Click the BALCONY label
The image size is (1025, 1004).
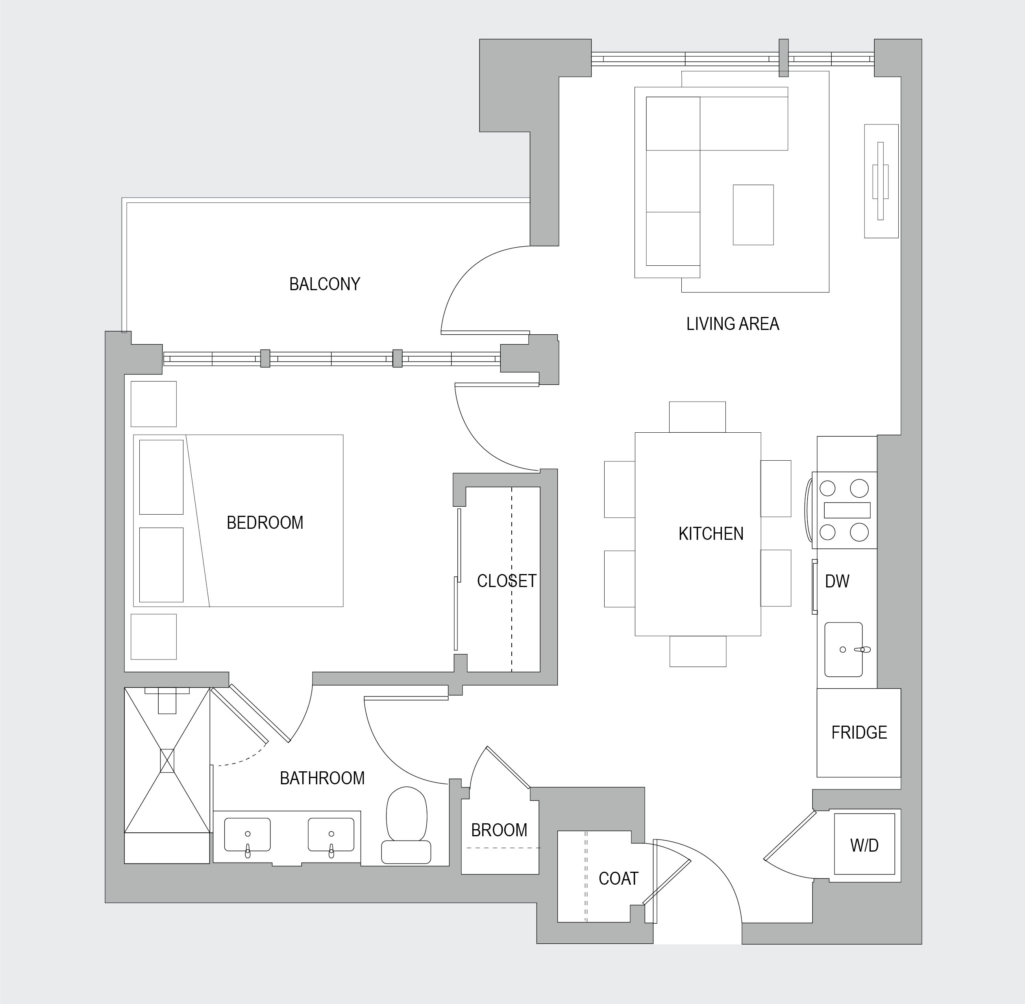point(324,284)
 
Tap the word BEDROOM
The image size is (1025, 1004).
point(265,522)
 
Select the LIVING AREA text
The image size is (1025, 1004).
point(733,324)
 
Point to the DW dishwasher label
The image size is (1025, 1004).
point(837,581)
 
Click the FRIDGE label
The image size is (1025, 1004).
point(859,732)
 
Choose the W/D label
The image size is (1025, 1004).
point(864,846)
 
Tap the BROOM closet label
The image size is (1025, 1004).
point(499,830)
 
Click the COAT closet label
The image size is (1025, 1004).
point(618,878)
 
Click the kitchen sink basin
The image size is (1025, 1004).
point(844,649)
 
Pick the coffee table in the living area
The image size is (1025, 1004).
point(753,215)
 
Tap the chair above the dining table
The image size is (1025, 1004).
point(697,417)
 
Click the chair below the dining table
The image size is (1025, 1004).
point(698,651)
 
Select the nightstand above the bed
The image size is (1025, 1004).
point(154,404)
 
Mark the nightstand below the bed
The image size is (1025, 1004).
point(154,637)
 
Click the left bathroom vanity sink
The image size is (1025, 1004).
point(247,835)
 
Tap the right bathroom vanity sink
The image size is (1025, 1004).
point(331,835)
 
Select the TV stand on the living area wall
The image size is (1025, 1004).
point(881,181)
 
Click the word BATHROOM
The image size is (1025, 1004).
point(322,778)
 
